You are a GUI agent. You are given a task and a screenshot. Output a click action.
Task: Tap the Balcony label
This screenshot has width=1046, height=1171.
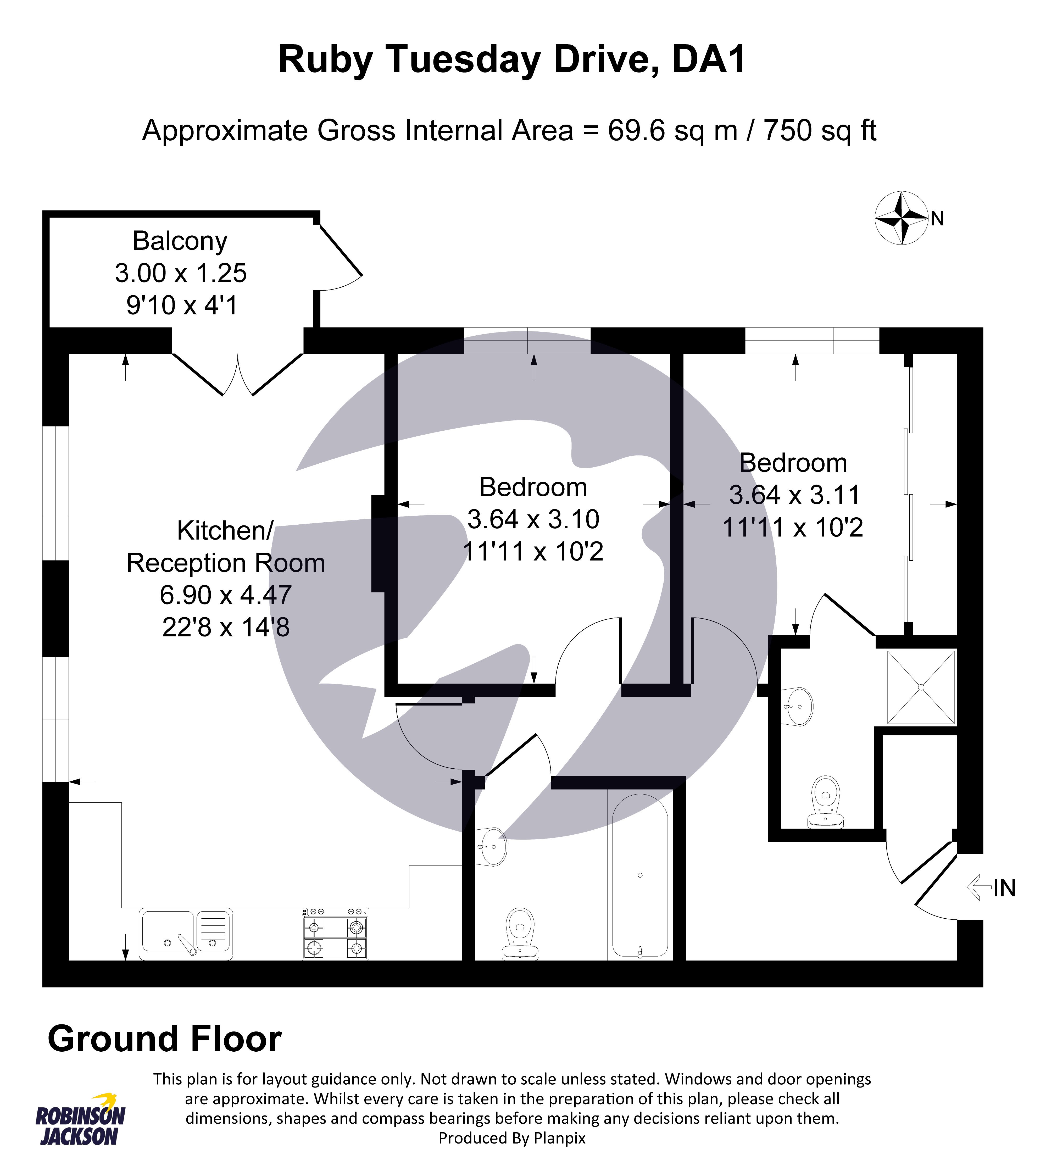click(180, 241)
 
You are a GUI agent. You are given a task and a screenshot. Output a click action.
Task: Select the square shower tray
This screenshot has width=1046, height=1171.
click(921, 687)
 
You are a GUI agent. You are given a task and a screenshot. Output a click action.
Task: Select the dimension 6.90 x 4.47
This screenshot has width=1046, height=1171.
click(226, 595)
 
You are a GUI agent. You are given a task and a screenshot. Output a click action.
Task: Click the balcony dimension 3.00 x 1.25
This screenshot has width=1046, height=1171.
click(180, 273)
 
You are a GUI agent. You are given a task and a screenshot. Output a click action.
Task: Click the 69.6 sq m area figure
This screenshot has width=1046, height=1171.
click(672, 130)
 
